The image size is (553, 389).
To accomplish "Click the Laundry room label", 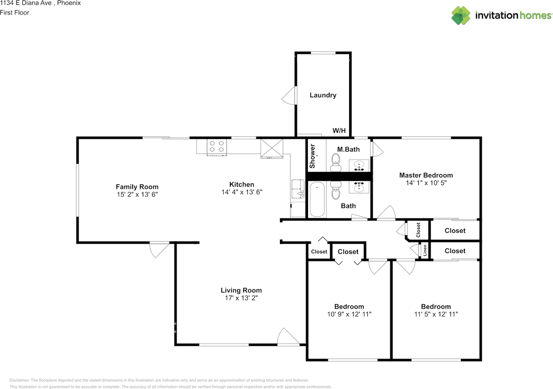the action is [x=323, y=95].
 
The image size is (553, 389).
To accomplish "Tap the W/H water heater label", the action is [x=339, y=130].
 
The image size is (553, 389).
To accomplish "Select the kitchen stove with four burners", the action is [x=217, y=147].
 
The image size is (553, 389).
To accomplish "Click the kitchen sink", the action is [x=298, y=188].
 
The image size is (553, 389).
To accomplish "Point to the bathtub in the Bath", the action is [x=317, y=199].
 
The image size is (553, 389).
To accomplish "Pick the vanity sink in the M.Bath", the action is [x=359, y=166].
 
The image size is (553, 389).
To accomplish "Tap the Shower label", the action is [x=312, y=156].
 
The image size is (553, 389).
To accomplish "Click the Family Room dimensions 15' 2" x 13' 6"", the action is [x=137, y=194].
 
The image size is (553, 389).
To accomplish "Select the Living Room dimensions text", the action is [x=242, y=298].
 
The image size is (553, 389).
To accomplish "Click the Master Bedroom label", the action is [x=426, y=175].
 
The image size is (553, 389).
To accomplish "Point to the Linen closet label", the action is [x=425, y=251].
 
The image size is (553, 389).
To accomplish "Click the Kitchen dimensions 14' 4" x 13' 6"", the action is [x=242, y=192].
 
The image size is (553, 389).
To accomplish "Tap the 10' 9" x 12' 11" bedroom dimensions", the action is [x=350, y=314].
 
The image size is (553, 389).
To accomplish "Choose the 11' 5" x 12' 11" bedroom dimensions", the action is [x=436, y=314].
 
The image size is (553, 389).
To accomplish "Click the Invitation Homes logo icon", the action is [x=461, y=16].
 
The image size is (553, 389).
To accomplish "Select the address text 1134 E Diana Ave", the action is [x=26, y=3].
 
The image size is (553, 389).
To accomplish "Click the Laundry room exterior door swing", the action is [x=289, y=95].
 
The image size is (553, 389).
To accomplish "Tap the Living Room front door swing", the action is [x=288, y=336].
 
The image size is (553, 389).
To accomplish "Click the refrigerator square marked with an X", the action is [x=272, y=148].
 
